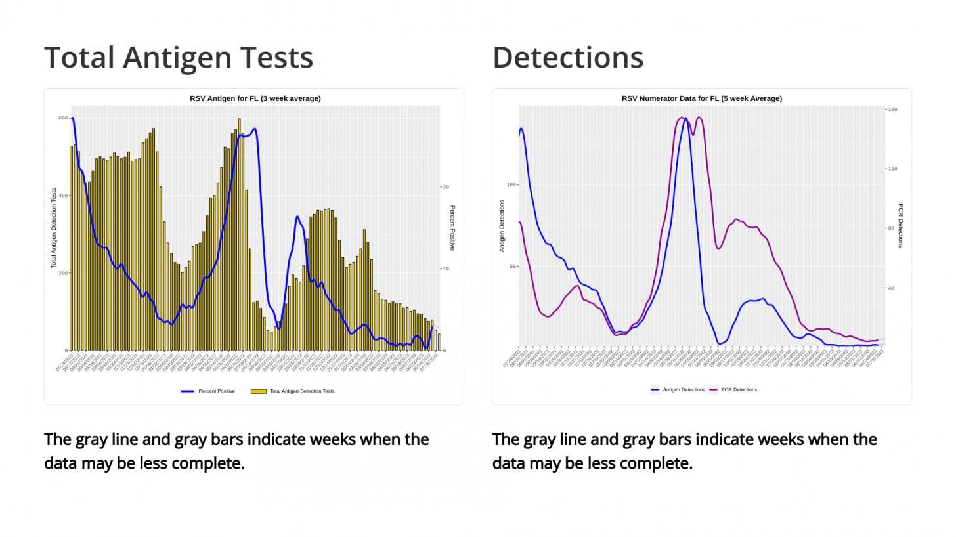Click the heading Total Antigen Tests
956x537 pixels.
pyautogui.click(x=178, y=58)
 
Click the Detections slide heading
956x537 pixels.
pyautogui.click(x=567, y=58)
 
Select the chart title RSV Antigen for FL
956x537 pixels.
pyautogui.click(x=255, y=98)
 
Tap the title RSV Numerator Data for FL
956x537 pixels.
pyautogui.click(x=701, y=98)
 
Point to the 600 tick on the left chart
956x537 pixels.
pyautogui.click(x=63, y=118)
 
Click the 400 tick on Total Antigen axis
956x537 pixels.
pyautogui.click(x=63, y=196)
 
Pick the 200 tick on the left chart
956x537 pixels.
pyautogui.click(x=63, y=273)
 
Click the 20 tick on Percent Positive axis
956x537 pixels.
pyautogui.click(x=446, y=187)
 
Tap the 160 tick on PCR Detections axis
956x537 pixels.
pyautogui.click(x=893, y=110)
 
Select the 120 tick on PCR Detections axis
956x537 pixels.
pyautogui.click(x=893, y=169)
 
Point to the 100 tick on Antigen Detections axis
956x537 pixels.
pyautogui.click(x=511, y=184)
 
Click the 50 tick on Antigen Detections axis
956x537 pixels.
pyautogui.click(x=512, y=267)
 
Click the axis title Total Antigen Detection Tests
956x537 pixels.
pyautogui.click(x=54, y=228)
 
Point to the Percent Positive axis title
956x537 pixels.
pyautogui.click(x=452, y=228)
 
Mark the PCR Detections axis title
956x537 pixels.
pyautogui.click(x=901, y=226)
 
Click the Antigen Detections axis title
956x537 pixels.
pyautogui.click(x=502, y=226)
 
